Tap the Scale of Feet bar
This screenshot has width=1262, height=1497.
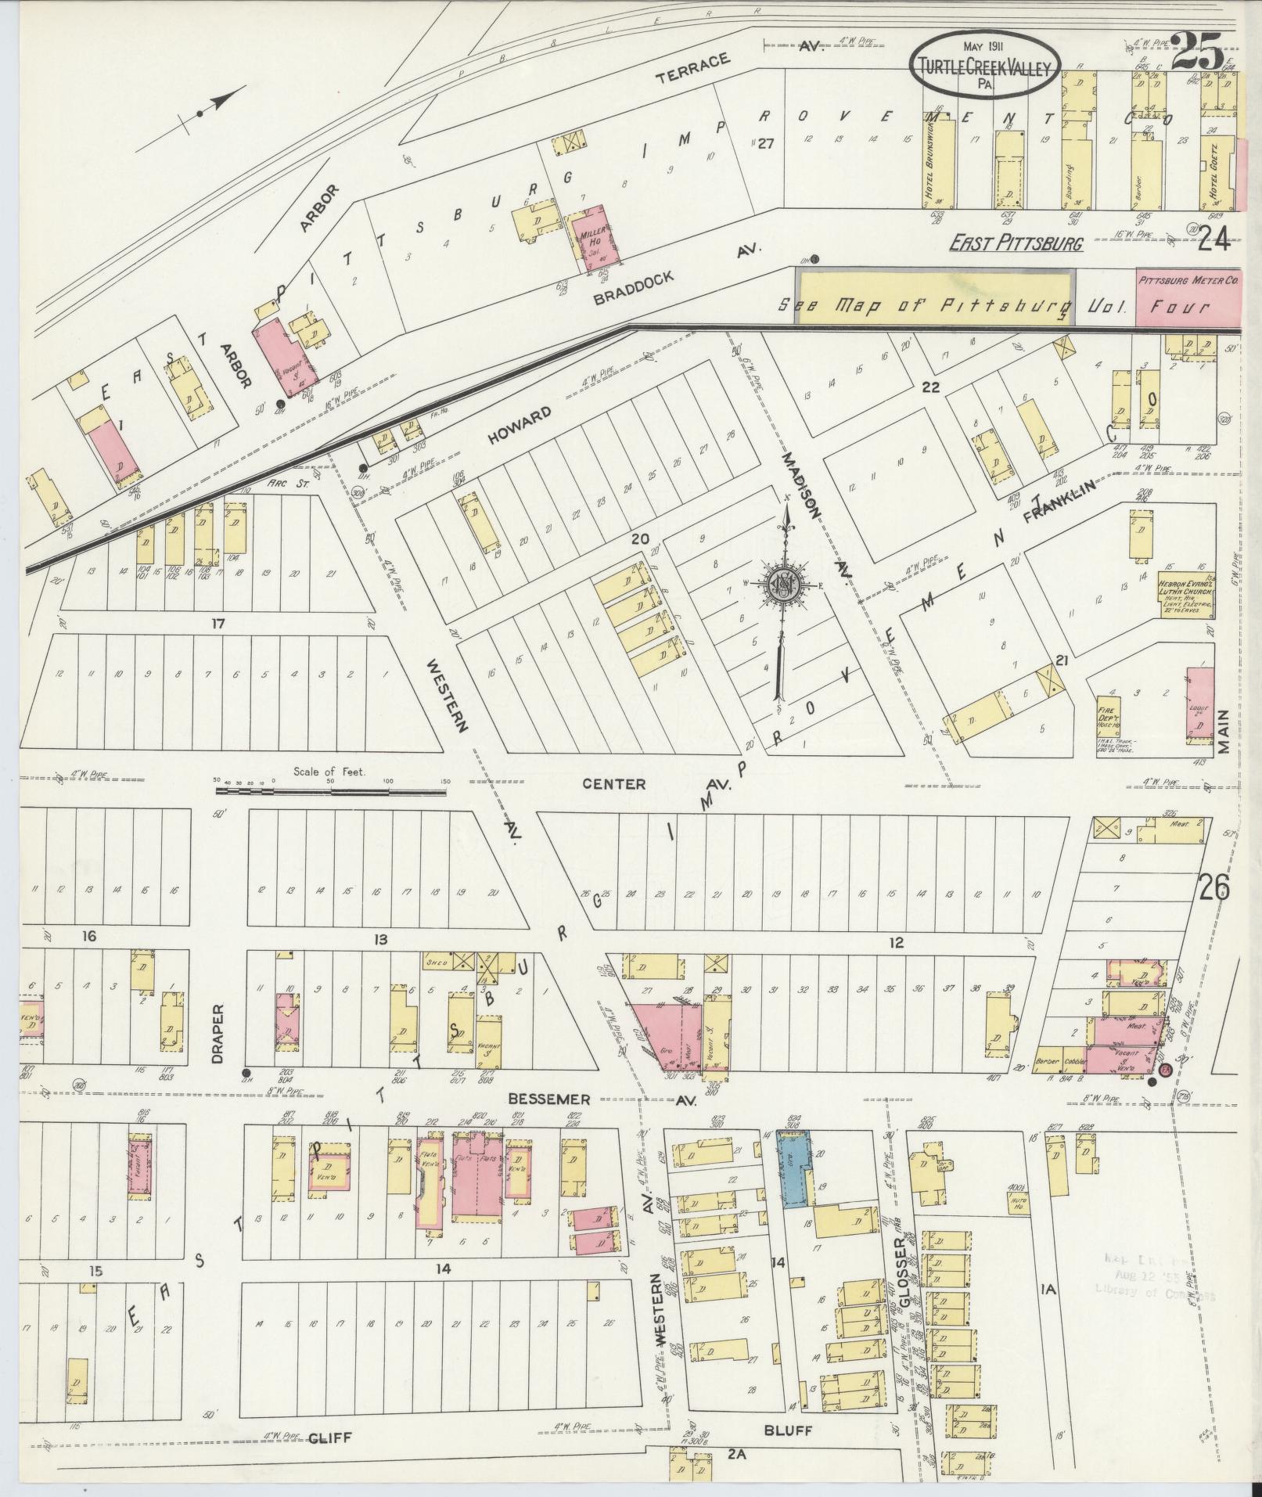pyautogui.click(x=330, y=791)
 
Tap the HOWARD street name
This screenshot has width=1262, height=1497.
pyautogui.click(x=520, y=425)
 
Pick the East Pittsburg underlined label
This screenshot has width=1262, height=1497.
pyautogui.click(x=1016, y=243)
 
